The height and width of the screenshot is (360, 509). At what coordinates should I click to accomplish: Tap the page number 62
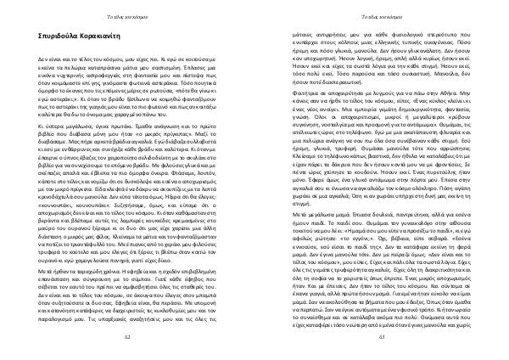pyautogui.click(x=126, y=337)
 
